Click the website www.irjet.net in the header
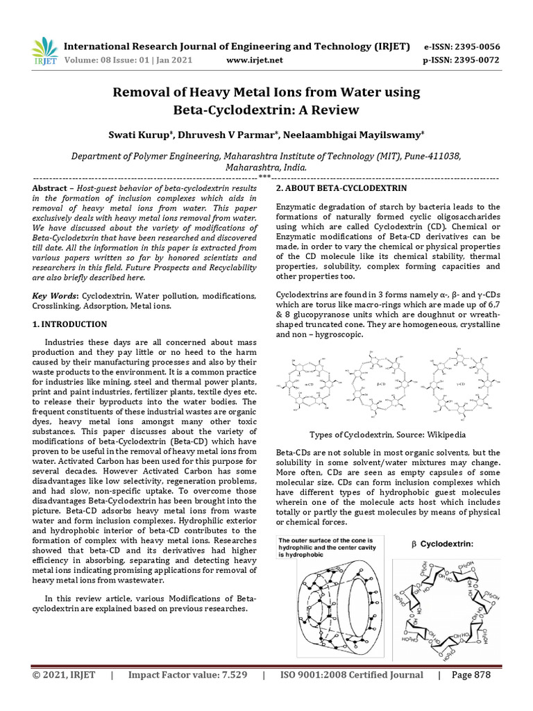[x=255, y=60]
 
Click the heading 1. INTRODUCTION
[x=70, y=324]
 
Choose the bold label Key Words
[x=53, y=296]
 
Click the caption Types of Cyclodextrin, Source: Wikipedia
[x=387, y=435]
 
